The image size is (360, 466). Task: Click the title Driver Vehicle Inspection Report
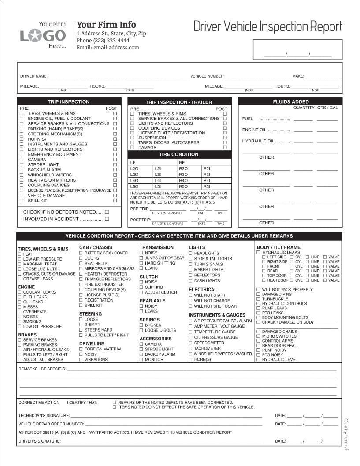click(x=267, y=26)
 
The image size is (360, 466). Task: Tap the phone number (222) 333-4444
click(x=103, y=41)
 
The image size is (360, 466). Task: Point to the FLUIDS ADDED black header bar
click(x=290, y=102)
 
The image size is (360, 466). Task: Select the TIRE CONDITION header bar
click(x=179, y=155)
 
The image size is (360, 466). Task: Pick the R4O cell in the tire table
click(x=183, y=180)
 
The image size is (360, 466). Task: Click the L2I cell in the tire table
click(x=158, y=168)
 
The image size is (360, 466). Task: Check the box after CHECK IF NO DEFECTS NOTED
click(x=107, y=212)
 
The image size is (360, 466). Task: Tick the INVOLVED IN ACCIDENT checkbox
click(x=107, y=219)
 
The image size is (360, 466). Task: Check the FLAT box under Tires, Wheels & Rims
click(x=20, y=254)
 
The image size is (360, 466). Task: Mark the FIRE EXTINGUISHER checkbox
click(x=81, y=284)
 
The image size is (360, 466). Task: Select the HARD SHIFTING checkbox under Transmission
click(x=141, y=263)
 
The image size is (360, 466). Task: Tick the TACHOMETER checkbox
click(x=190, y=348)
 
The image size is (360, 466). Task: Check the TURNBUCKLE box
click(x=259, y=299)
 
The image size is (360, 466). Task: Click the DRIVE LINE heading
click(x=92, y=343)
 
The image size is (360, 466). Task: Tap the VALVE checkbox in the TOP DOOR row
click(x=325, y=276)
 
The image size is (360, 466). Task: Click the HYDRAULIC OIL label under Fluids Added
click(x=258, y=141)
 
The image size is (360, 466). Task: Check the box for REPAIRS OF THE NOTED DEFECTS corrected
click(x=115, y=403)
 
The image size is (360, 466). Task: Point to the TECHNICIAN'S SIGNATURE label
click(x=44, y=415)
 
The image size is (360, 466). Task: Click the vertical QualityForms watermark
click(x=346, y=434)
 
